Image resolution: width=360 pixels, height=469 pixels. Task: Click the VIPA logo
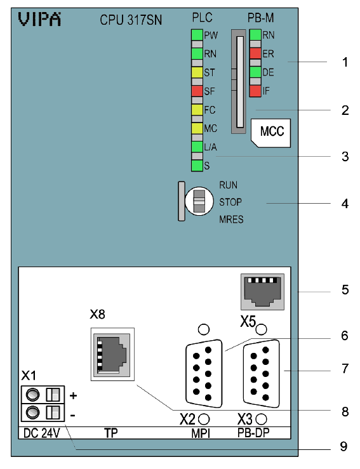pyautogui.click(x=39, y=20)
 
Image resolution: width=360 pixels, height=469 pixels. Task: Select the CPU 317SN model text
pyautogui.click(x=131, y=20)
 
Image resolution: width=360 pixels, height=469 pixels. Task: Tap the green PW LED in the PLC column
pyautogui.click(x=197, y=35)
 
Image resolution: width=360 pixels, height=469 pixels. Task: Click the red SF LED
pyautogui.click(x=197, y=91)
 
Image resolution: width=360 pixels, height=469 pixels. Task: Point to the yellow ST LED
pyautogui.click(x=197, y=72)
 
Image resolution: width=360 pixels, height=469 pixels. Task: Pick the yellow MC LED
pyautogui.click(x=197, y=128)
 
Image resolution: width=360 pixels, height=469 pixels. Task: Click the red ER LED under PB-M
pyautogui.click(x=255, y=53)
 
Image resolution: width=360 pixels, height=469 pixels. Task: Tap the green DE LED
pyautogui.click(x=255, y=72)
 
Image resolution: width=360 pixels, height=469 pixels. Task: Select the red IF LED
pyautogui.click(x=255, y=91)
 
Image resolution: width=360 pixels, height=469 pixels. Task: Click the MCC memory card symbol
pyautogui.click(x=271, y=133)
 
